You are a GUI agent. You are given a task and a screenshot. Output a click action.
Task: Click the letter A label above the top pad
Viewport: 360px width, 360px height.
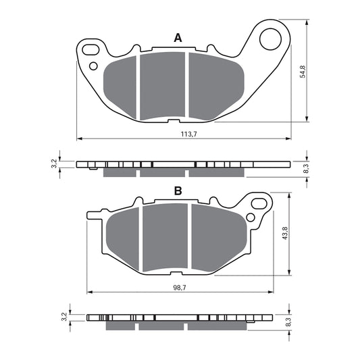click(x=178, y=38)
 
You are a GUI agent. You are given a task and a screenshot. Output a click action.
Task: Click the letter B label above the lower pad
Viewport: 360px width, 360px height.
click(x=178, y=192)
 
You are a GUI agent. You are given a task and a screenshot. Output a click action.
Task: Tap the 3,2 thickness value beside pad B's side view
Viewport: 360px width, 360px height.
click(x=63, y=317)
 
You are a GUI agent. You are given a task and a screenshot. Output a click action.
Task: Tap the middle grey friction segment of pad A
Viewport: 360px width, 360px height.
click(x=162, y=86)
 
